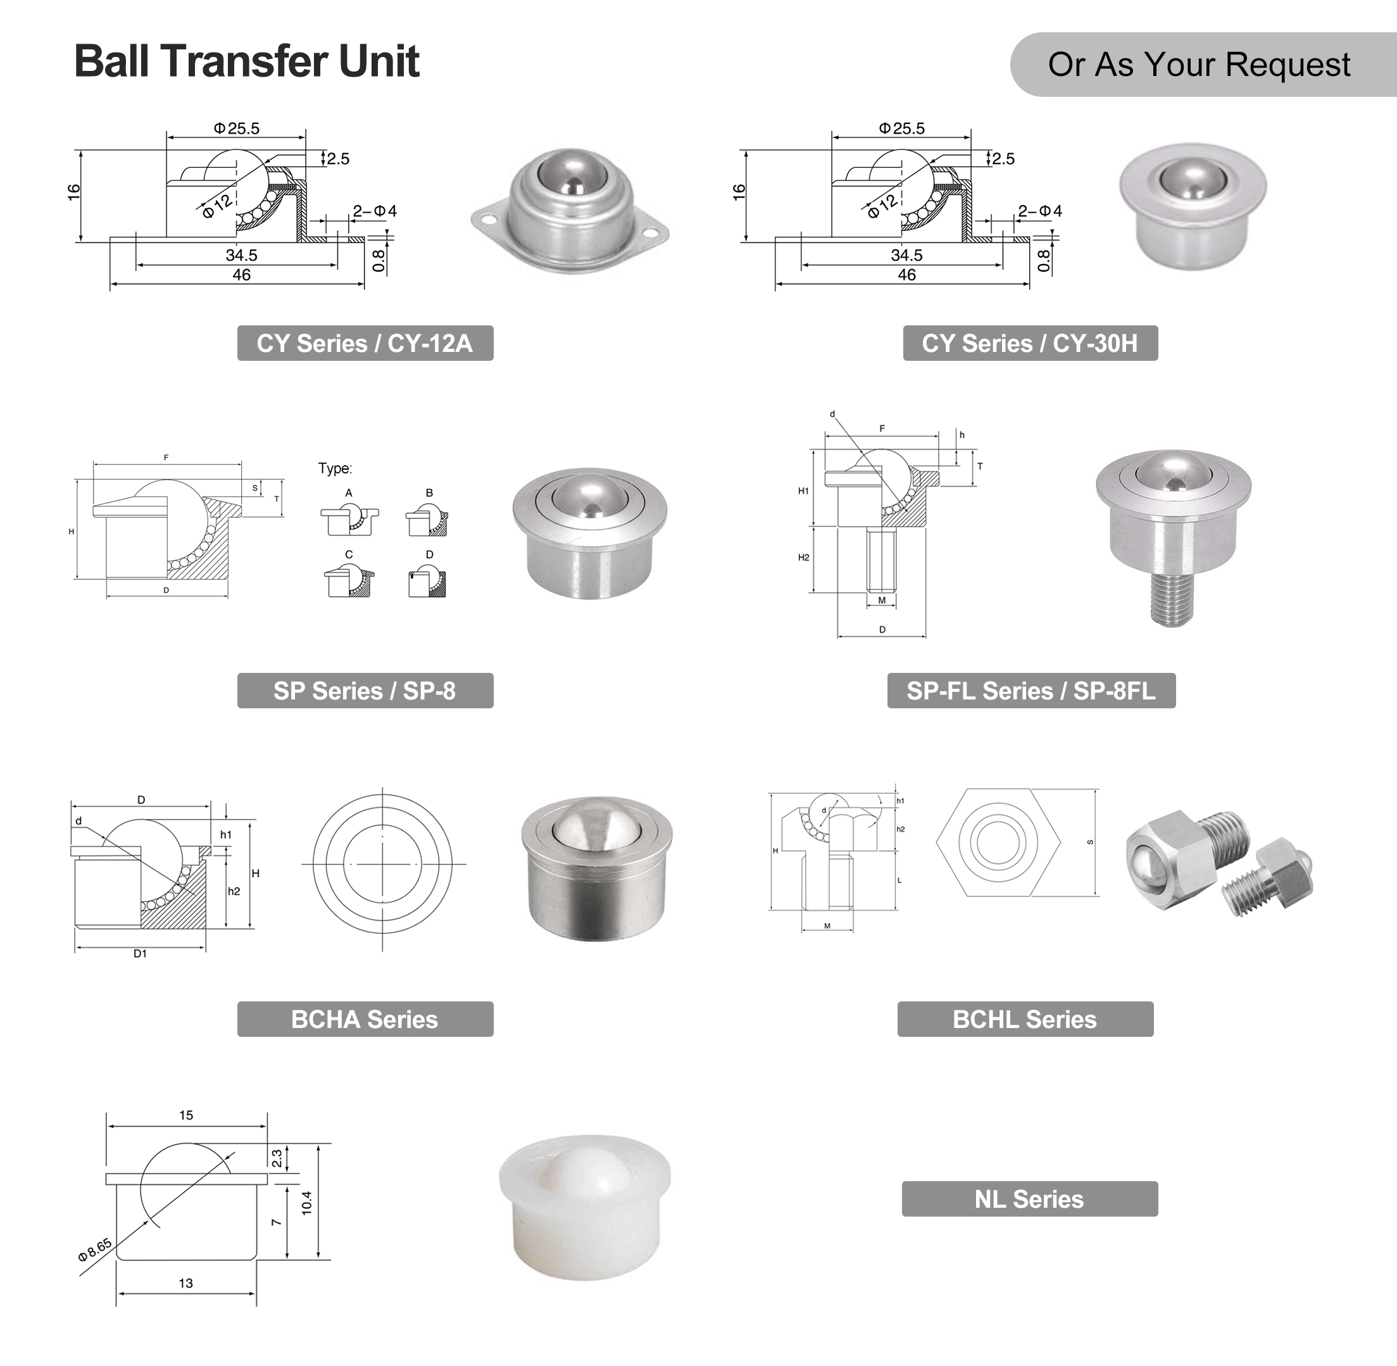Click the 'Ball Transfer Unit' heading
click(x=246, y=61)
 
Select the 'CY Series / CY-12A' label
click(x=365, y=343)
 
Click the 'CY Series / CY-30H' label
click(x=1030, y=343)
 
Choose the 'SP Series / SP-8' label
click(x=365, y=690)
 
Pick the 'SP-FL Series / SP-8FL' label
click(x=1031, y=690)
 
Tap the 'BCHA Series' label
click(x=365, y=1018)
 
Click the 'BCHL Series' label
click(x=1025, y=1018)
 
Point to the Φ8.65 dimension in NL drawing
click(x=95, y=1249)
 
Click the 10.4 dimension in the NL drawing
click(x=307, y=1203)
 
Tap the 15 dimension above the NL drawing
click(x=186, y=1115)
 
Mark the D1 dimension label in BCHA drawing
click(x=140, y=953)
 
